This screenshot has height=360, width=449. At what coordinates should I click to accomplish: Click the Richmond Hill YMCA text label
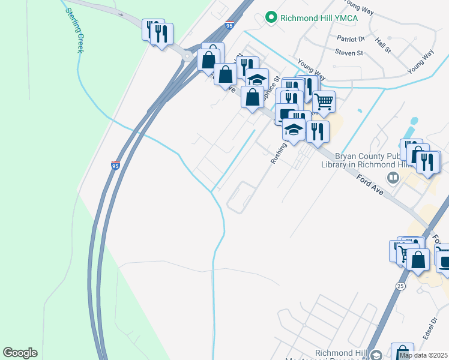pos(319,17)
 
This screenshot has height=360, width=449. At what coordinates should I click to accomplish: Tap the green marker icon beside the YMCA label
pos(271,17)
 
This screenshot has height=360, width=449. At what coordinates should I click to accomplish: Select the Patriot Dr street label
pos(351,38)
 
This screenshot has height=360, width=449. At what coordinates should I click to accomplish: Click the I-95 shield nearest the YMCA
pos(230,25)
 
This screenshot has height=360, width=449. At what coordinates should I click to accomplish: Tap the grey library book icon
pos(393,177)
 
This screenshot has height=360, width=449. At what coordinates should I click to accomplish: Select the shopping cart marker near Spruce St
pos(324,102)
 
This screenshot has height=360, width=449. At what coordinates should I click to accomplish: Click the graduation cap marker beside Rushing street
pos(294,130)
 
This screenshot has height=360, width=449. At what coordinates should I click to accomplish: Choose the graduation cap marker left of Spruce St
pos(257,79)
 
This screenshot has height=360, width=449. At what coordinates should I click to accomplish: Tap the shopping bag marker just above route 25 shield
pos(418,260)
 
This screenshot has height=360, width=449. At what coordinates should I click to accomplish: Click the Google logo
pos(20,353)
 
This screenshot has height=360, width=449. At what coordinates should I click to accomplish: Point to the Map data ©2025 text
pos(424,355)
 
